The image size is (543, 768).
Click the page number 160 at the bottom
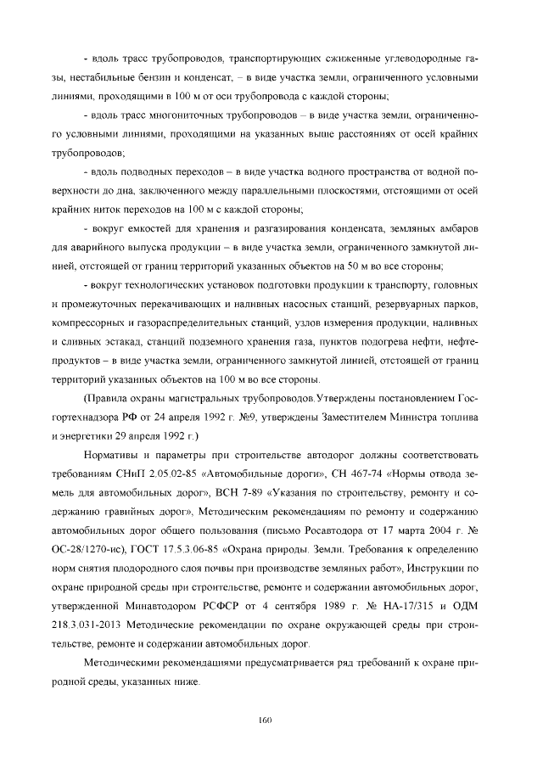point(264,720)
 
